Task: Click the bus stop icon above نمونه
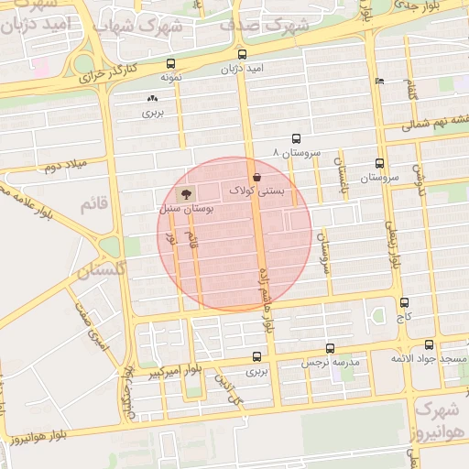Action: [x=171, y=63]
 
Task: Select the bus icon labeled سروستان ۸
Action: [x=295, y=136]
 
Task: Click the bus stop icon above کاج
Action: [x=404, y=302]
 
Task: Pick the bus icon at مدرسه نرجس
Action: [x=330, y=348]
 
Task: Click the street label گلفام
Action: [x=410, y=92]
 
